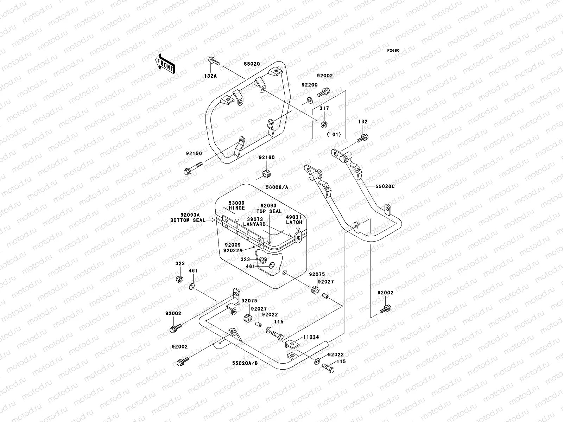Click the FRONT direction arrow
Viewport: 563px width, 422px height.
pyautogui.click(x=165, y=64)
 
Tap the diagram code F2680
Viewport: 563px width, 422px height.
pyautogui.click(x=393, y=51)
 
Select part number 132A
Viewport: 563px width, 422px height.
pyautogui.click(x=210, y=76)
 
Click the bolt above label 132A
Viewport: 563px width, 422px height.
pyautogui.click(x=214, y=61)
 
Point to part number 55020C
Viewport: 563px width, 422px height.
pyautogui.click(x=385, y=186)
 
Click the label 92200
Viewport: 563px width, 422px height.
pyautogui.click(x=310, y=85)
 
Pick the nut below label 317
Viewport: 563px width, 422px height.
pyautogui.click(x=324, y=124)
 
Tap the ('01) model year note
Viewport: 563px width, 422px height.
pyautogui.click(x=334, y=135)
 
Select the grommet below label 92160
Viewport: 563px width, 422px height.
pyautogui.click(x=266, y=173)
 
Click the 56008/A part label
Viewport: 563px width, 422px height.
pyautogui.click(x=277, y=187)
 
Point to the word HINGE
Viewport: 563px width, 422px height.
pyautogui.click(x=237, y=208)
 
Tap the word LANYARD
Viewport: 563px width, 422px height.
pyautogui.click(x=254, y=224)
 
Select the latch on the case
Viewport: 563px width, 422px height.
pyautogui.click(x=298, y=237)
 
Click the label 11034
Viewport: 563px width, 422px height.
pyautogui.click(x=311, y=337)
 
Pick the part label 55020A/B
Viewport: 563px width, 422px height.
pyautogui.click(x=245, y=363)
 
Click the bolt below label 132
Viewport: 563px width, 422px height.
pyautogui.click(x=362, y=138)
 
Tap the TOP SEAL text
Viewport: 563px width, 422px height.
pyautogui.click(x=269, y=211)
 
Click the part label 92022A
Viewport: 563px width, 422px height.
pyautogui.click(x=233, y=251)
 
